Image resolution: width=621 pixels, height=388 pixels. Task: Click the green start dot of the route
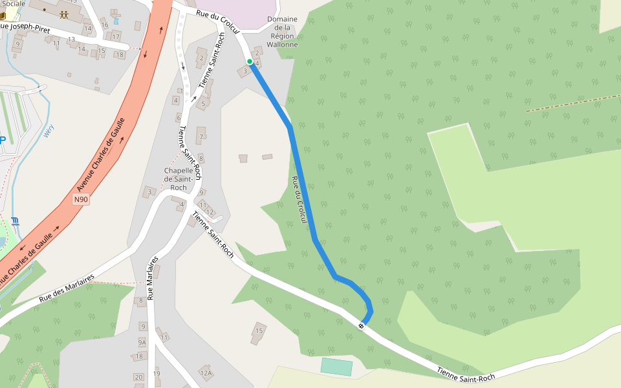coord(250,62)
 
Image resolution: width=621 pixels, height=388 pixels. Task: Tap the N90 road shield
coord(80,199)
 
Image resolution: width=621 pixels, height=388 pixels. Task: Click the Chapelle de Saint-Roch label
coord(178,179)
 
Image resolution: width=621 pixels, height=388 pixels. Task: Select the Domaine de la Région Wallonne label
coord(283,32)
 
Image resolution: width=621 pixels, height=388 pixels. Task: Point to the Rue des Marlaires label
coord(67,288)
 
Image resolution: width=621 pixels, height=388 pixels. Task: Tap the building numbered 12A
coord(206,372)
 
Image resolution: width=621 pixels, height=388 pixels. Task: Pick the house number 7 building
coord(201,136)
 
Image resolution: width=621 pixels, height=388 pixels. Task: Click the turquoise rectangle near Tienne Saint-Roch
coord(336,367)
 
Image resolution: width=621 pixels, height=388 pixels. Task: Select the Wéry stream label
coord(47,131)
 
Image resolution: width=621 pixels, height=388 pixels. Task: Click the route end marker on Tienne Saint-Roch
coord(361,325)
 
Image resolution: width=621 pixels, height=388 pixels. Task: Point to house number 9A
coord(142,341)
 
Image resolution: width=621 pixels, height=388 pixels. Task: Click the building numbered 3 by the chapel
coord(150,191)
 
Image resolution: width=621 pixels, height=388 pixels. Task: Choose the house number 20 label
coord(138,377)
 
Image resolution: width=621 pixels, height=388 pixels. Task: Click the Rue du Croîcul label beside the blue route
coord(299,200)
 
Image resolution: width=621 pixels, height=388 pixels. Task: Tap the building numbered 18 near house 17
coord(120,54)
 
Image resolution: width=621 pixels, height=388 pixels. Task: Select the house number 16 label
coord(104,25)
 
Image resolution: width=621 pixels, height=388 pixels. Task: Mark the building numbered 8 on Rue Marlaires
coord(140,301)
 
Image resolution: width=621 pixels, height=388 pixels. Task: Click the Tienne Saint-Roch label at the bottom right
coord(466,373)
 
